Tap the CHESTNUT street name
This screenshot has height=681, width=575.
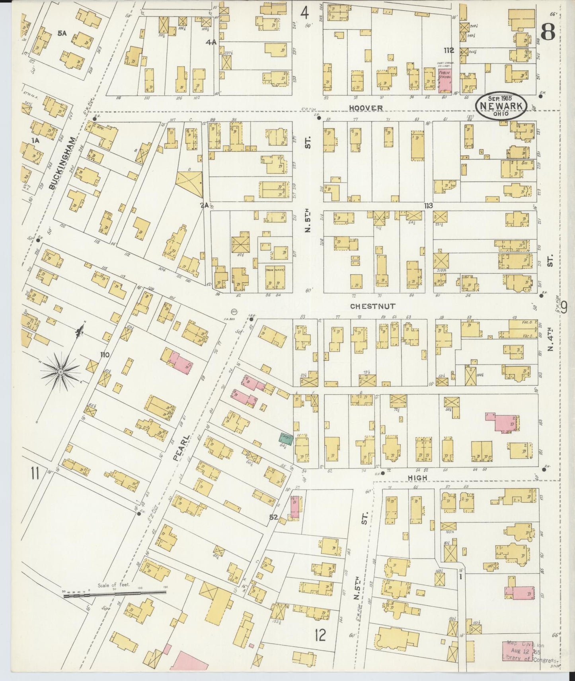[x=372, y=306]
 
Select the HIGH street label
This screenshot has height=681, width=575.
[x=417, y=478]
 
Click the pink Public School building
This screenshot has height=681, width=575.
[x=444, y=81]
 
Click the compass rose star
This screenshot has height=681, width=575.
[x=60, y=371]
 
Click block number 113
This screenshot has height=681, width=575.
[x=428, y=206]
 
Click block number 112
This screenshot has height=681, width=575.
[x=449, y=51]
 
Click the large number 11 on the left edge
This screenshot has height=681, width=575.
[x=35, y=474]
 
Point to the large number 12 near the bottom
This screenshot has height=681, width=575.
[x=320, y=635]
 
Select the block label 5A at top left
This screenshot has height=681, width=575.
[x=62, y=34]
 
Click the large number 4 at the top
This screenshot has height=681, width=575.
[x=304, y=13]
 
